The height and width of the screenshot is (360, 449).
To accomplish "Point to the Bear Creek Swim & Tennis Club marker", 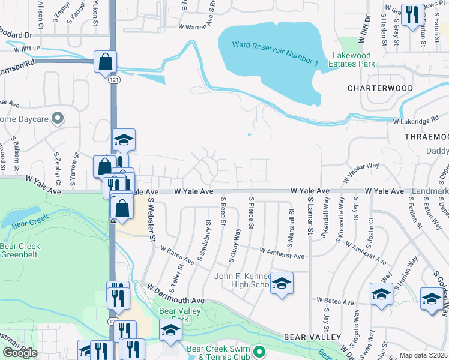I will [259, 351].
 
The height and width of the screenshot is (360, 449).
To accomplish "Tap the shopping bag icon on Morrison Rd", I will [105, 62].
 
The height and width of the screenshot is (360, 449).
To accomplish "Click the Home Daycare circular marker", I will [58, 118].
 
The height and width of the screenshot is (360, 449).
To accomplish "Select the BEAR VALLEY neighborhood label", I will [316, 337].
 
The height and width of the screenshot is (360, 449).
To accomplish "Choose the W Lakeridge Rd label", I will [416, 121].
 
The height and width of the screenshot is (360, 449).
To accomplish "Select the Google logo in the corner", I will [20, 353].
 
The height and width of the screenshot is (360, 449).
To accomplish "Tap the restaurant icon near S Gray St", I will [411, 15].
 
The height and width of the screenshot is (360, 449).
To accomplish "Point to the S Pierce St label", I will [252, 215].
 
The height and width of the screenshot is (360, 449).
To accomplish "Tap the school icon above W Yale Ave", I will [124, 140].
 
